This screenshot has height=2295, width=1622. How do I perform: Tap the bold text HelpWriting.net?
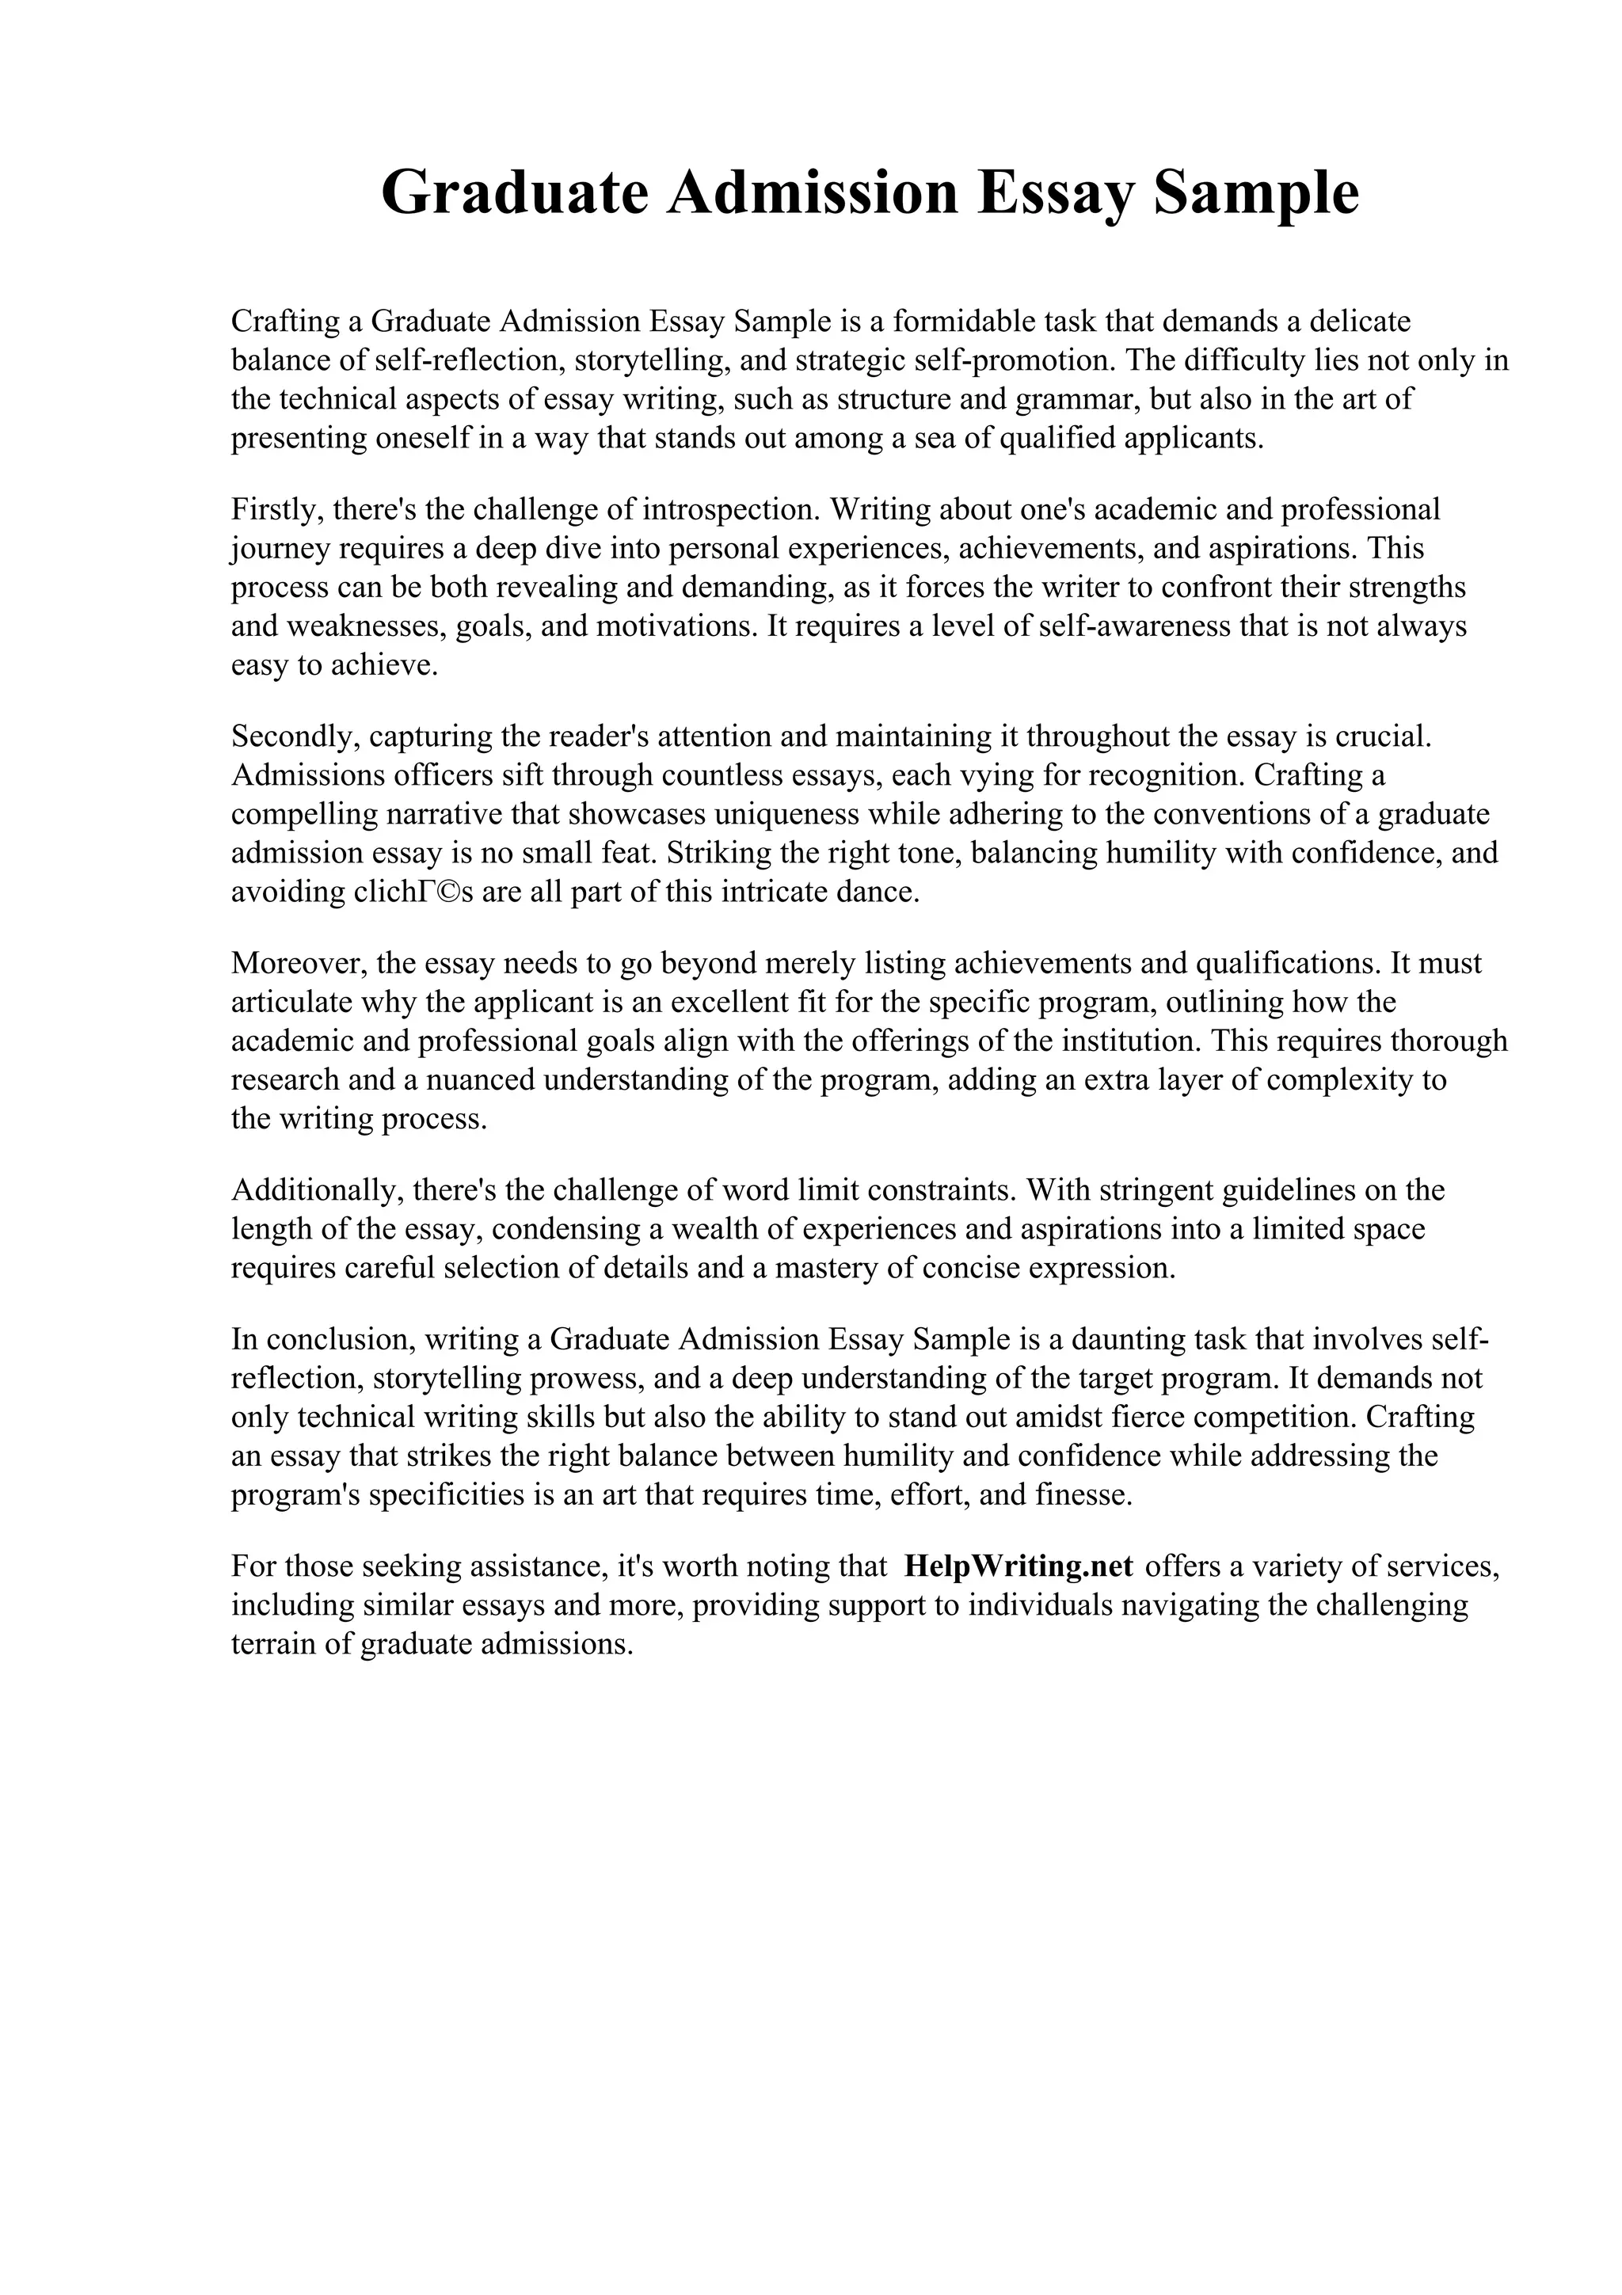1018,1566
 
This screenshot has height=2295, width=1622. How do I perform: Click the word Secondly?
294,736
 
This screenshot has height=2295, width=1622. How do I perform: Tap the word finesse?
1083,1495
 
